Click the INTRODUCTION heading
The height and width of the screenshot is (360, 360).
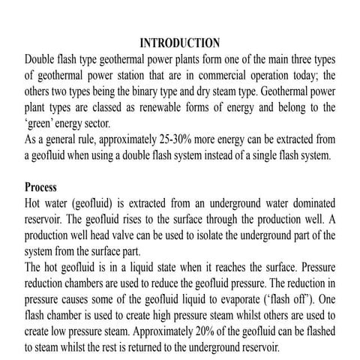tap(179, 42)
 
